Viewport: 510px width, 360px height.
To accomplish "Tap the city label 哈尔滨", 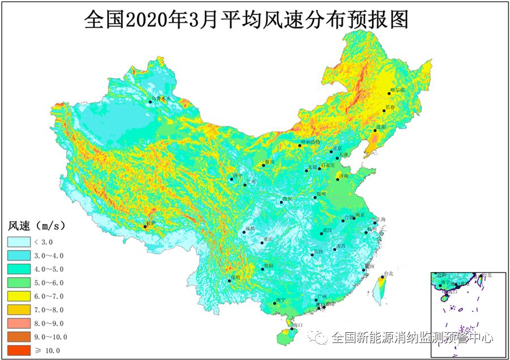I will (398, 90).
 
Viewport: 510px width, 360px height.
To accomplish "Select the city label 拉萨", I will (151, 223).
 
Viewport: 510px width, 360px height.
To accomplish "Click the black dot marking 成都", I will (244, 232).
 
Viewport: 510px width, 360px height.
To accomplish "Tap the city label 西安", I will (287, 199).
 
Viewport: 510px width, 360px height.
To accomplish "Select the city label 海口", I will (298, 325).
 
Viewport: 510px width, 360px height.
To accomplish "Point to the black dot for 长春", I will (384, 111).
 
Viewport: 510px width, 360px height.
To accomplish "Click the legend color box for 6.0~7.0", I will (19, 297).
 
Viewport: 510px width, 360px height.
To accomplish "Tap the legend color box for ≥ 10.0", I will (19, 350).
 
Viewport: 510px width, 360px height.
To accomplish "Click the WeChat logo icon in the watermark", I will (317, 338).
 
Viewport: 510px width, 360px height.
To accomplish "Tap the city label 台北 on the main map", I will (388, 273).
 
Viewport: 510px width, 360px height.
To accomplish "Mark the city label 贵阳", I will (269, 265).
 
